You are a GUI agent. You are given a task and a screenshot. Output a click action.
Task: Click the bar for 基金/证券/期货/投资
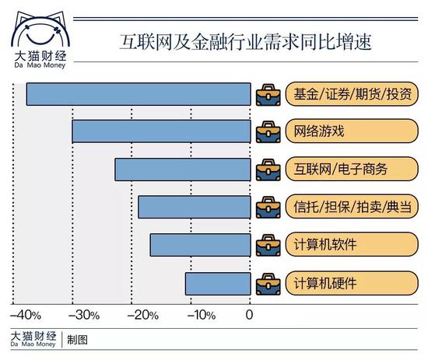click(139, 93)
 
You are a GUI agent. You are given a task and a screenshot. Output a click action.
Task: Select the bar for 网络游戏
click(161, 131)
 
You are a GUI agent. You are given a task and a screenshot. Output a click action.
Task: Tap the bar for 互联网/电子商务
click(183, 170)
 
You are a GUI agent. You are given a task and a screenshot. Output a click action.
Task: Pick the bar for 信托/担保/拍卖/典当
click(195, 207)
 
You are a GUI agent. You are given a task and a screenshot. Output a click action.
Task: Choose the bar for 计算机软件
click(201, 245)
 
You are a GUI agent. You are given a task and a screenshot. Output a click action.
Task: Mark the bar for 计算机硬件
click(218, 283)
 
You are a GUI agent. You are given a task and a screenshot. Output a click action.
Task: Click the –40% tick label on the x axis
click(26, 315)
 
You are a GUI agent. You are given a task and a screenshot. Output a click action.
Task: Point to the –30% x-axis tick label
click(84, 315)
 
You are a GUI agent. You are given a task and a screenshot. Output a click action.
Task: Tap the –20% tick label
click(143, 315)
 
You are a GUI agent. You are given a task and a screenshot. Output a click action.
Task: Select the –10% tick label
click(202, 315)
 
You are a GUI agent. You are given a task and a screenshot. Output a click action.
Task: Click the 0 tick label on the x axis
click(250, 315)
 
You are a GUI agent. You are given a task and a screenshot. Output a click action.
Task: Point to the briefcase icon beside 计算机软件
click(268, 244)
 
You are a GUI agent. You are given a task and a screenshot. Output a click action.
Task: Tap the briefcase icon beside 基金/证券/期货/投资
click(268, 93)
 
